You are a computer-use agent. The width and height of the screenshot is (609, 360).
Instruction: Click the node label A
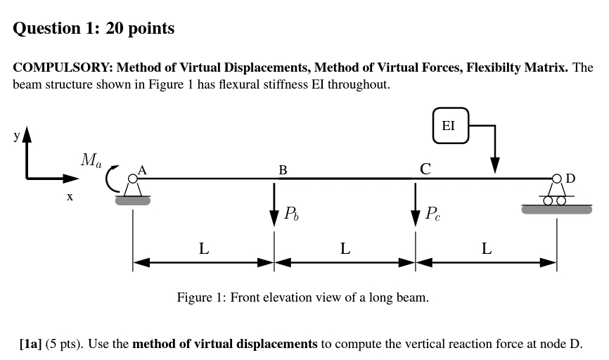[142, 169]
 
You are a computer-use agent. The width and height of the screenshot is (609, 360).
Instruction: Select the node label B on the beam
[283, 170]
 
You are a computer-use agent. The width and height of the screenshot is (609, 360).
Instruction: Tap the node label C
[425, 169]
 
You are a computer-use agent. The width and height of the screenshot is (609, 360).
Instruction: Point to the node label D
[570, 178]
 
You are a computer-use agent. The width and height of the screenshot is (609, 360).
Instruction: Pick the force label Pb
[291, 214]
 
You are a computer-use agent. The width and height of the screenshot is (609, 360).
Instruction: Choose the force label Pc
[433, 214]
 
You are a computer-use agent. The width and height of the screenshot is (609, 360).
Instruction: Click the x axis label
[70, 198]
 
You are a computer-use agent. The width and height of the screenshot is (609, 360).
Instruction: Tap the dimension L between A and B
[203, 248]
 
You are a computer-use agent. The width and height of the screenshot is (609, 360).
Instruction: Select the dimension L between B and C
[345, 248]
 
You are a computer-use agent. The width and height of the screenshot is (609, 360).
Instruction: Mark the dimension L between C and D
[486, 248]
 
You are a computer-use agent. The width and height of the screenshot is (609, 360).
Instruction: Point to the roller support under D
[556, 199]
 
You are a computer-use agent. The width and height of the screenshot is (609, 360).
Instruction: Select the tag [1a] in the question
[31, 344]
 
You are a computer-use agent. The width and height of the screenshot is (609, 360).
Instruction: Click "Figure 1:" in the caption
[201, 297]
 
